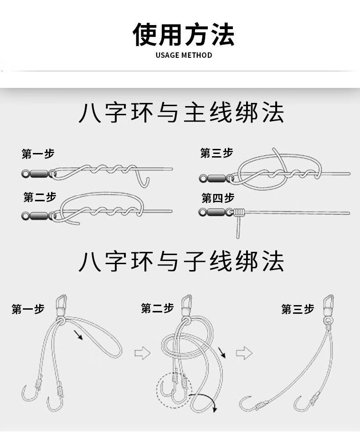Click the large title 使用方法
pos(183,34)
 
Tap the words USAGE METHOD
pos(184,56)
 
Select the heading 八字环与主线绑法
pos(181,113)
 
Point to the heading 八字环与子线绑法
pos(181,260)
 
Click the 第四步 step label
pos(218,198)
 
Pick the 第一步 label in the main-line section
pos(38,154)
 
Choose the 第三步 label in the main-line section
pos(216,153)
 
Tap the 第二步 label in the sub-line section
pos(157,309)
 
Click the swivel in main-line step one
pos(36,173)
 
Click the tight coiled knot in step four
pos(240,211)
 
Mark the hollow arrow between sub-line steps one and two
pos(143,352)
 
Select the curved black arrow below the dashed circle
pos(206,401)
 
